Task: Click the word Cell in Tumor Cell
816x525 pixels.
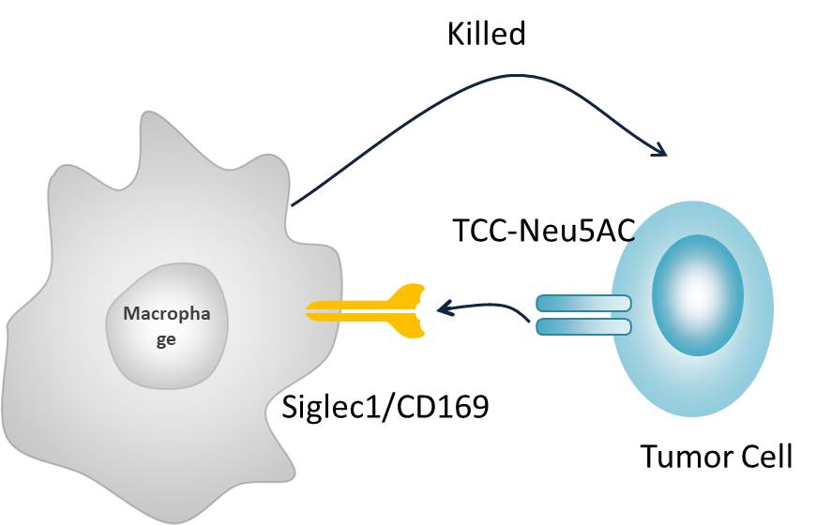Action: coord(764,457)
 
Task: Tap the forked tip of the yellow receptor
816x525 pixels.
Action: coord(413,308)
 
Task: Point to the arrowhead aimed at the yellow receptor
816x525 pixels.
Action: coord(441,307)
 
